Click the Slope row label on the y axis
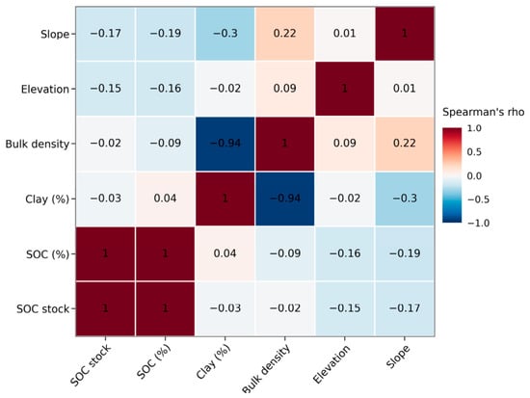point(55,34)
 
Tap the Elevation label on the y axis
point(45,90)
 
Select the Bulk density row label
point(38,144)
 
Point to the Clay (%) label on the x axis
point(214,362)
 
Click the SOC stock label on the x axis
point(91,365)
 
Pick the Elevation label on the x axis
point(331,364)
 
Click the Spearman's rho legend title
point(484,112)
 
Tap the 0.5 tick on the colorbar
point(474,152)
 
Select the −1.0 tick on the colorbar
point(478,224)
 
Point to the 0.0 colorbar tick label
point(474,175)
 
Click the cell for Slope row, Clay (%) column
point(225,34)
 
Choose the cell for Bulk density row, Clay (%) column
point(225,144)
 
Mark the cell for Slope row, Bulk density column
point(285,34)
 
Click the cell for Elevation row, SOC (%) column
point(166,89)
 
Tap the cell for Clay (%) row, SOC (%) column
point(166,199)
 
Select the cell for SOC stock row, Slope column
point(405,308)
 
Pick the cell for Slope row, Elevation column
point(345,34)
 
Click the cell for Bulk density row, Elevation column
point(345,144)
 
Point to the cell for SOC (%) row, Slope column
point(405,253)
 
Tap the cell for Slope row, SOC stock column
point(105,34)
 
